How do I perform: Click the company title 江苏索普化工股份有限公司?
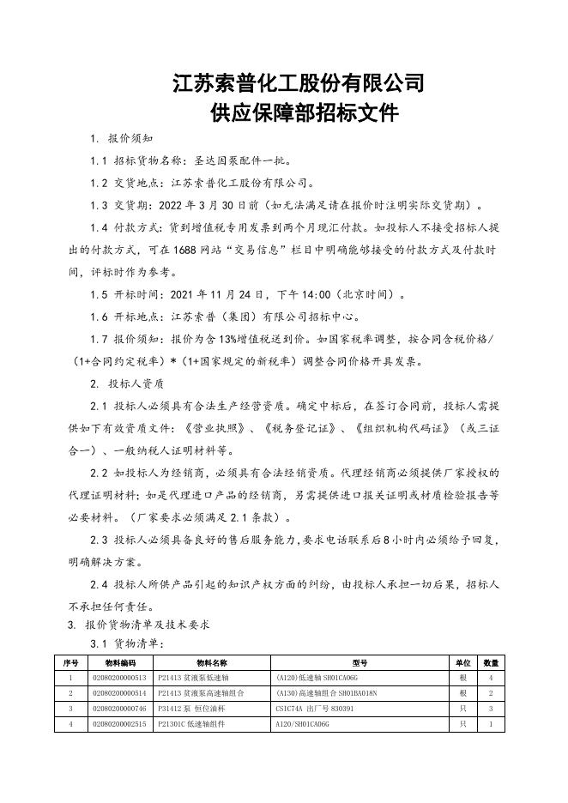298,84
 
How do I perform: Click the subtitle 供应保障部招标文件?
298,114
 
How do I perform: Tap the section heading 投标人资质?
136,383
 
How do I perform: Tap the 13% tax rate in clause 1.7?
227,339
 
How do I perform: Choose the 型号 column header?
360,663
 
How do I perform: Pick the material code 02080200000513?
120,678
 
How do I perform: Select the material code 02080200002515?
120,724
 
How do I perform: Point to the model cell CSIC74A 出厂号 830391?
312,709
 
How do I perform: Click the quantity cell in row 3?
490,709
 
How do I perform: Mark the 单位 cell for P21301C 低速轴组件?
462,724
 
